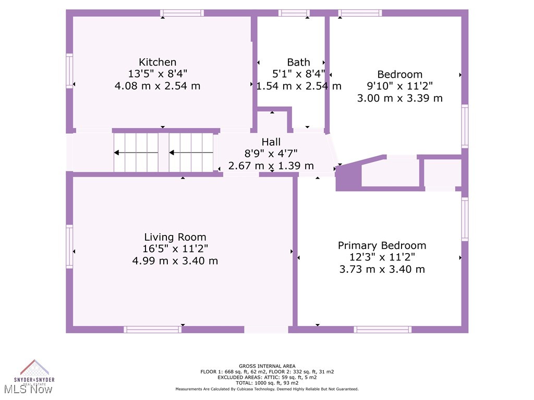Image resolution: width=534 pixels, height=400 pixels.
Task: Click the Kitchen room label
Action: click(157, 62)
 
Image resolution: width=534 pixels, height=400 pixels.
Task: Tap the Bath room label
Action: click(298, 62)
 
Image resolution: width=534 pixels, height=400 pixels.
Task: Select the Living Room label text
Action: click(175, 237)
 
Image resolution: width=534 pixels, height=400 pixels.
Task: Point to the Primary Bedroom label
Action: click(382, 245)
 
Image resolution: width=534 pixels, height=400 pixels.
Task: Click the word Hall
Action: click(271, 142)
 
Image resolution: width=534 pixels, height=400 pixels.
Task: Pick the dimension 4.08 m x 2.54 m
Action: click(157, 86)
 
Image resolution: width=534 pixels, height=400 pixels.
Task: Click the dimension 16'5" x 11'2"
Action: click(175, 249)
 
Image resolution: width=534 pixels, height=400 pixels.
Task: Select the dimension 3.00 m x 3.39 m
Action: click(399, 98)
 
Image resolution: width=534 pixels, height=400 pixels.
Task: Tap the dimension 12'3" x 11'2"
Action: click(382, 257)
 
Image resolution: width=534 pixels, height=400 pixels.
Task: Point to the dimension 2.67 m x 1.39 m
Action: click(271, 166)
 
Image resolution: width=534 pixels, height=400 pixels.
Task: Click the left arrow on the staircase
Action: click(136, 153)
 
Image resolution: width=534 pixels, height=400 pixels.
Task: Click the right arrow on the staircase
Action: click(191, 153)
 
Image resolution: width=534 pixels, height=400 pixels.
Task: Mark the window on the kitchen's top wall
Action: click(181, 13)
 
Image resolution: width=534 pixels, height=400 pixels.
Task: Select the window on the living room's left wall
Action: click(69, 246)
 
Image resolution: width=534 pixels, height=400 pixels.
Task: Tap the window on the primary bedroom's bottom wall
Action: click(382, 329)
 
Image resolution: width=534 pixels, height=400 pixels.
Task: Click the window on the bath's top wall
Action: click(294, 13)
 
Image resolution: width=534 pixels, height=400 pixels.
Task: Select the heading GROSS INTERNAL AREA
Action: click(266, 366)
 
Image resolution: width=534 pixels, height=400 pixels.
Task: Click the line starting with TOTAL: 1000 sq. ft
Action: click(266, 383)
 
